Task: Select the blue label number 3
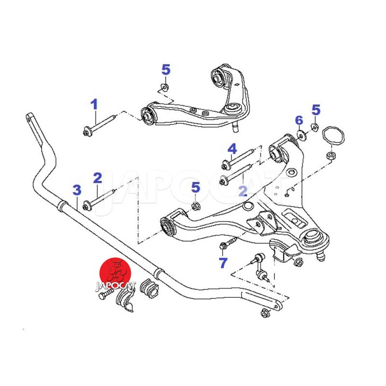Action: coord(77,190)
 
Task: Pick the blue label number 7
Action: coord(222,263)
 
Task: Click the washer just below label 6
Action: coord(301,135)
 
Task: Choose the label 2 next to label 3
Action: coord(97,178)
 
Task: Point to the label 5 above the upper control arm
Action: coord(165,70)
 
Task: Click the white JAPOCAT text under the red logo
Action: coord(116,285)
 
